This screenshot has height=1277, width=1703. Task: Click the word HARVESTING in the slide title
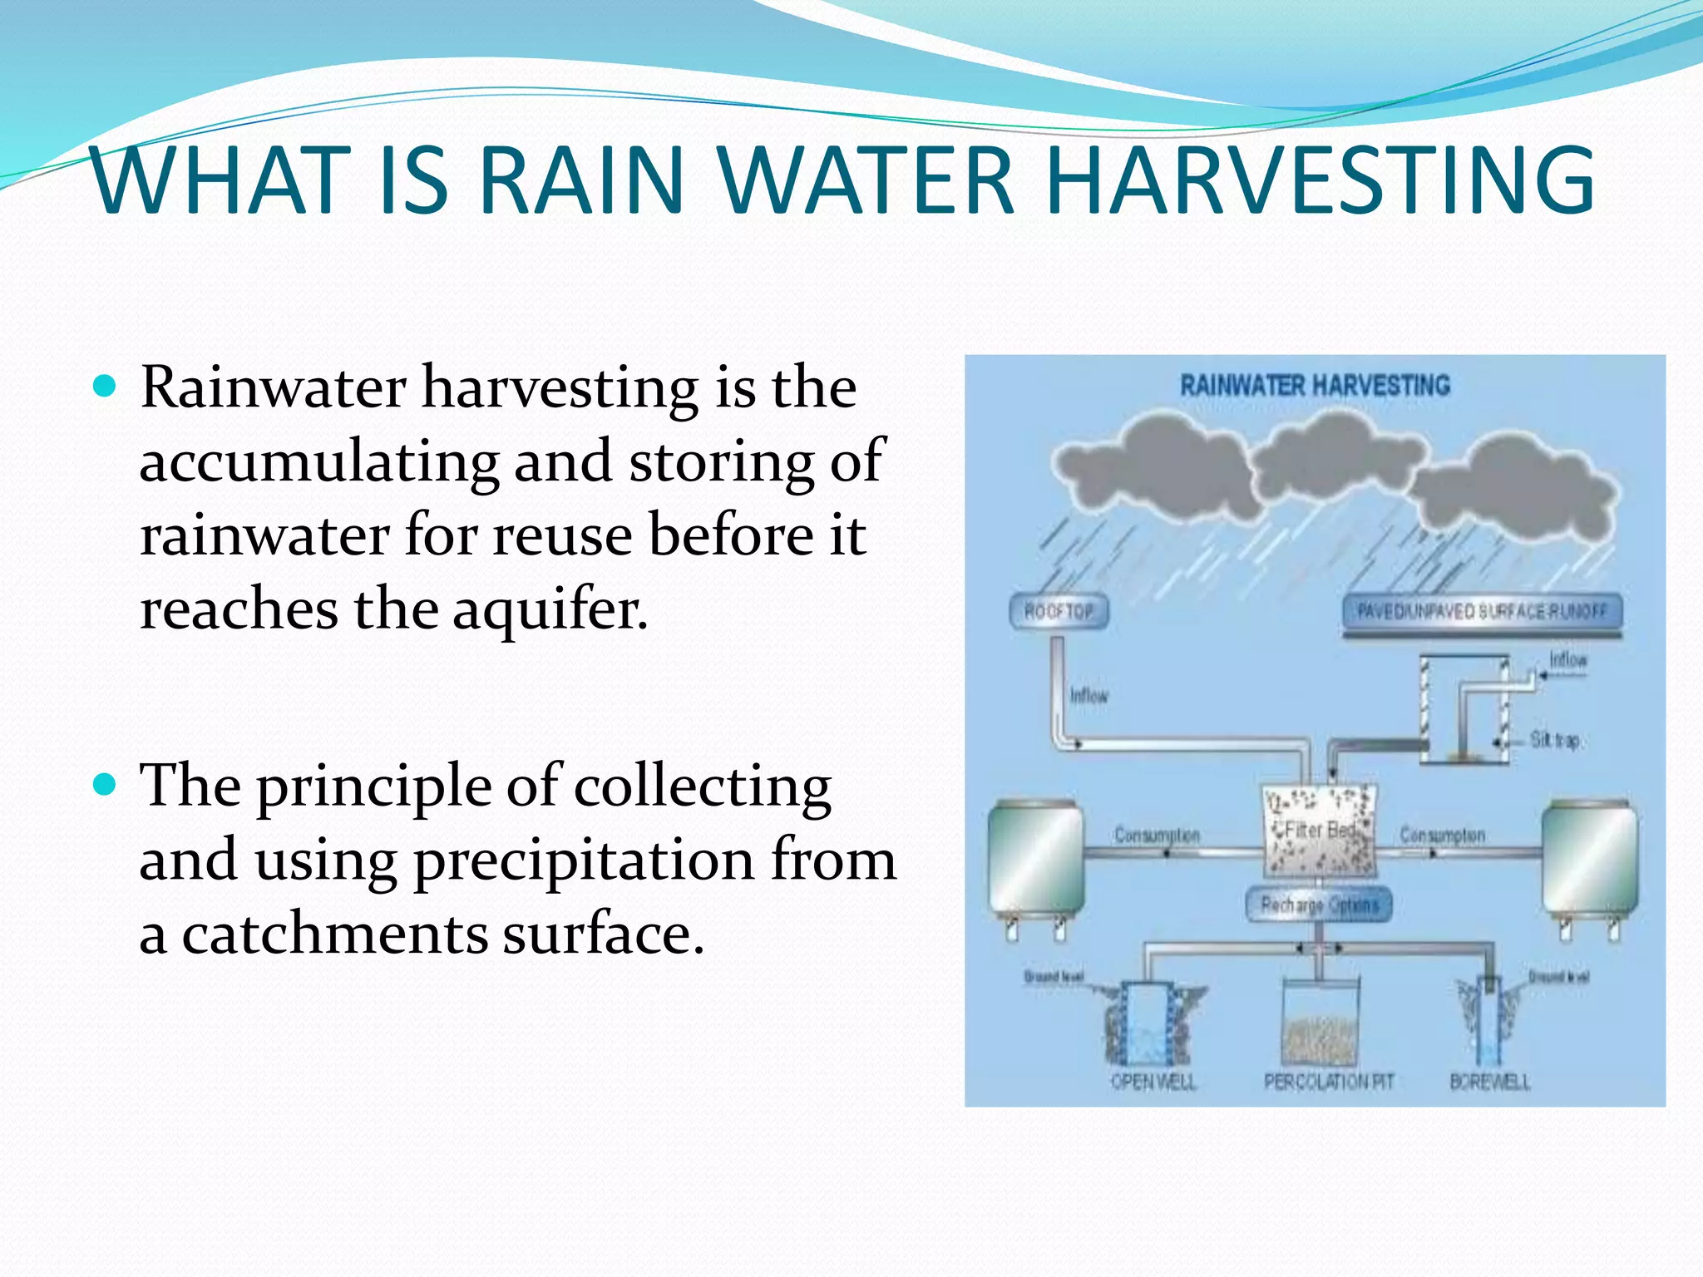click(1320, 180)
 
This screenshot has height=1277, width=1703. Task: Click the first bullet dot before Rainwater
click(105, 387)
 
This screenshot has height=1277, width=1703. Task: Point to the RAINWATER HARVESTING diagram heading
click(1315, 386)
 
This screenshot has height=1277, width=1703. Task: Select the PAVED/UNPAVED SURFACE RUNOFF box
click(1482, 613)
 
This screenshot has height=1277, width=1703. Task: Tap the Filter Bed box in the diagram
click(1320, 831)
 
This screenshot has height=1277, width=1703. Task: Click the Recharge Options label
click(1319, 905)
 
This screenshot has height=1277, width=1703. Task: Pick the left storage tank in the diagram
click(1034, 860)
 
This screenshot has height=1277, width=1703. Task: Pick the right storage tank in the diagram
click(1589, 860)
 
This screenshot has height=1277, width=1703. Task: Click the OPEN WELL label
click(1153, 1082)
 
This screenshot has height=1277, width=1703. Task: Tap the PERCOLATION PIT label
click(1328, 1082)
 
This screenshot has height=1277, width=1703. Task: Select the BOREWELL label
click(1489, 1082)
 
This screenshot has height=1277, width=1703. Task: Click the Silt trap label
click(1555, 740)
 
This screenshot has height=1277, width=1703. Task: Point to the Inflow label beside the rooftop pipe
click(1088, 696)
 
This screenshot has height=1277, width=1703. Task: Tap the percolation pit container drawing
click(1320, 1023)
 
